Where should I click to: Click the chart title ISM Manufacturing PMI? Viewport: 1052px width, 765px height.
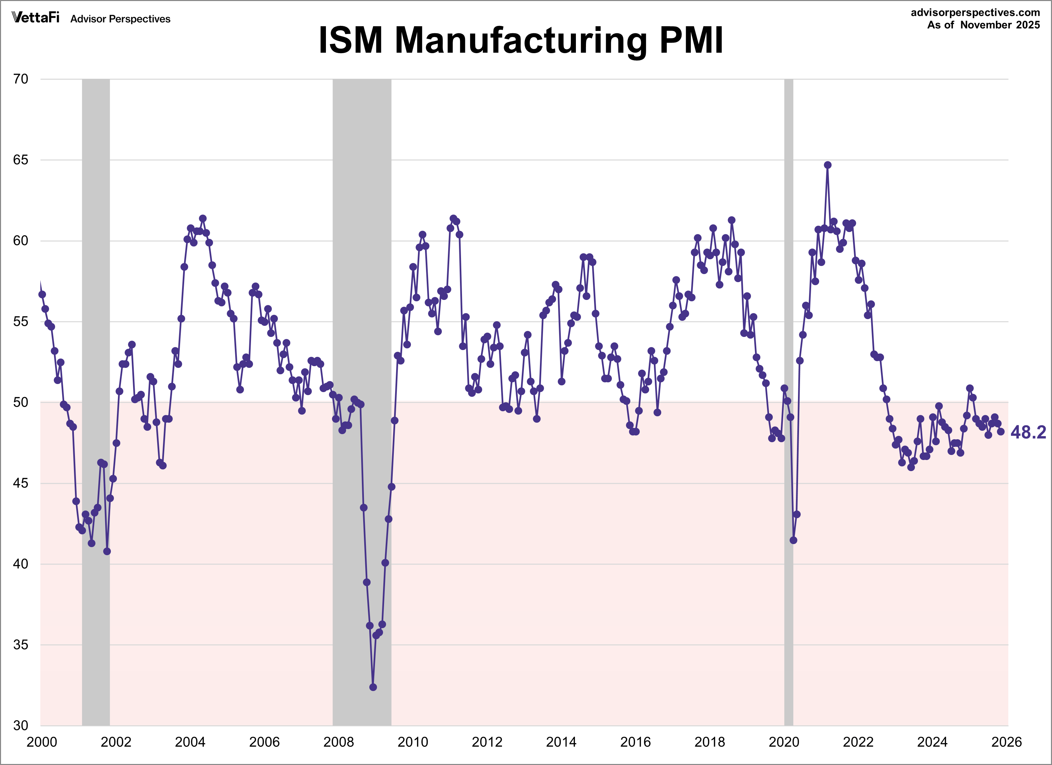520,41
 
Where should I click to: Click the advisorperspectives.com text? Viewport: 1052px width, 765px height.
975,12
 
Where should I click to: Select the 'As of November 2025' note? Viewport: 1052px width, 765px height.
983,25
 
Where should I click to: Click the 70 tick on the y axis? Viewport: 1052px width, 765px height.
21,79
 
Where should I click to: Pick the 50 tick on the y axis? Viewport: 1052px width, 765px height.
21,403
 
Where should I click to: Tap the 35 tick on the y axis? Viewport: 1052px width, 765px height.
21,645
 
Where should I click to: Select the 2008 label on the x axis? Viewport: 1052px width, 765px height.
339,742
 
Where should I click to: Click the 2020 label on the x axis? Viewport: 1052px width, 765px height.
784,742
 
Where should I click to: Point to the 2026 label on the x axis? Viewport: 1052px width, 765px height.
1007,742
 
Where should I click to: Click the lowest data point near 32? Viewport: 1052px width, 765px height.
373,687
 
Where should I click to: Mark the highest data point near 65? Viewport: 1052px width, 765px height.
828,165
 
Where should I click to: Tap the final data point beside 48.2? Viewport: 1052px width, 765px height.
1001,432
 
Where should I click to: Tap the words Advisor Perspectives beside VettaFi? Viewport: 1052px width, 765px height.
120,19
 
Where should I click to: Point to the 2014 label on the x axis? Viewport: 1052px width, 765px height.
561,742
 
